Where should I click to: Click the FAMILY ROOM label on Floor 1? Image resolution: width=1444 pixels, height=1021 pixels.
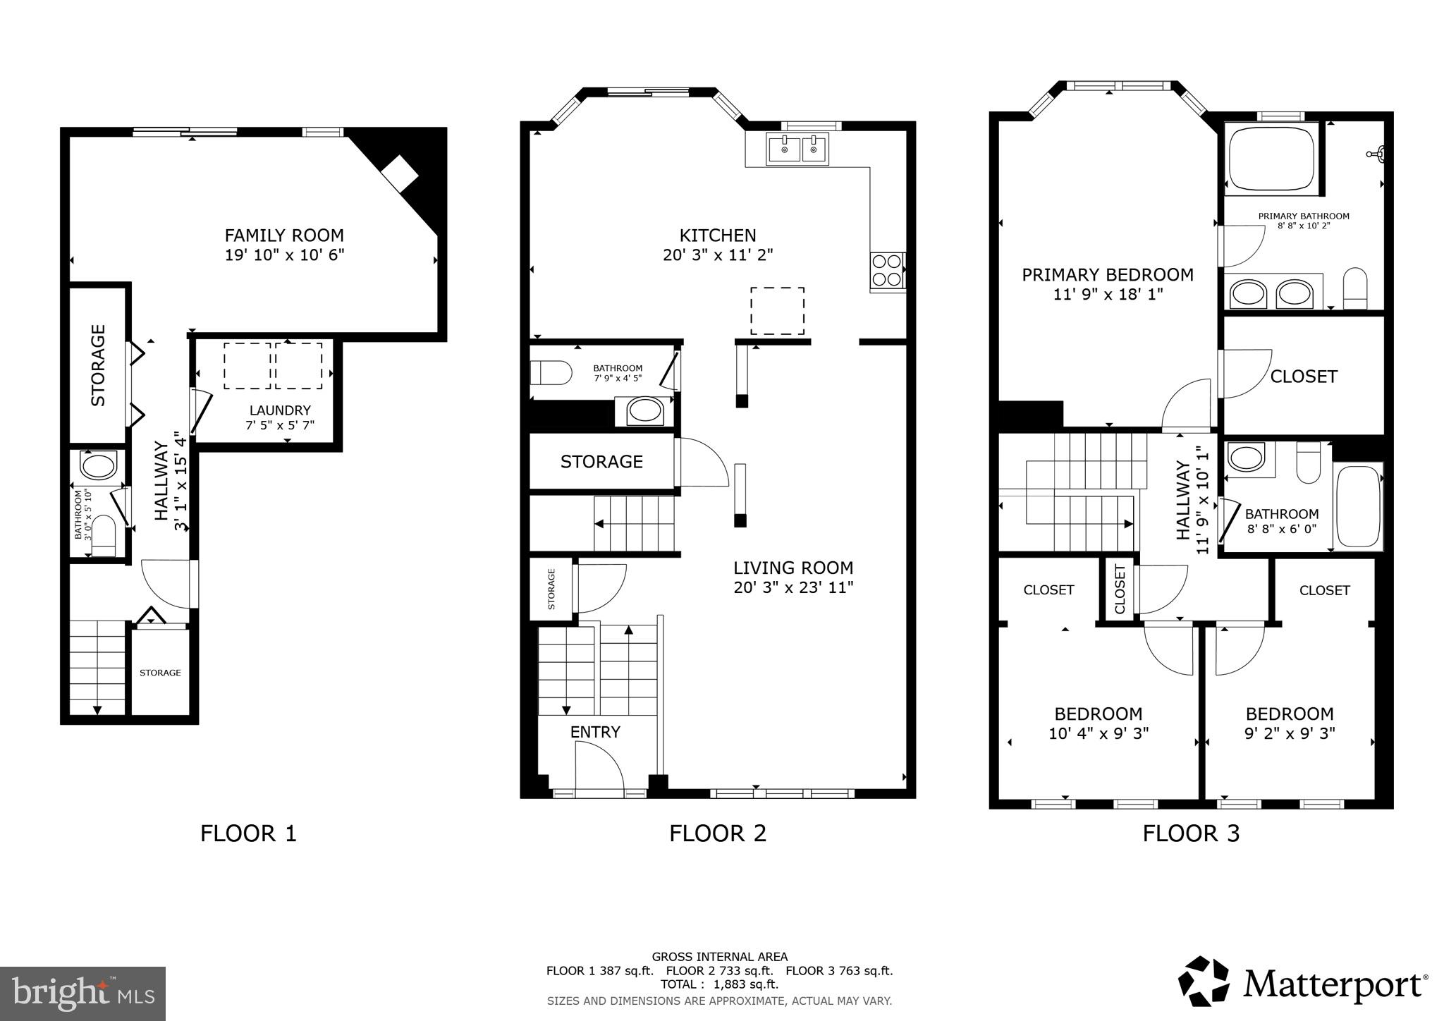click(x=284, y=236)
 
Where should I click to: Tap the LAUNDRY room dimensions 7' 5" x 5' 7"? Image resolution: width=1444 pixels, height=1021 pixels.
click(x=280, y=426)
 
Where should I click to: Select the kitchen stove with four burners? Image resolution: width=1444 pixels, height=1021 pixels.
click(x=888, y=270)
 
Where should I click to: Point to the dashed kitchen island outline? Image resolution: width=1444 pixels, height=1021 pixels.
click(x=777, y=311)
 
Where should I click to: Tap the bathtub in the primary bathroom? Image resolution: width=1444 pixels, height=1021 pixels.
click(x=1271, y=159)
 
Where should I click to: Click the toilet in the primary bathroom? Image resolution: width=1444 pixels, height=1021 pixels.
click(x=1354, y=288)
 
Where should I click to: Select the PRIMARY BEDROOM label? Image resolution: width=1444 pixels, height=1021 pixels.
click(x=1108, y=275)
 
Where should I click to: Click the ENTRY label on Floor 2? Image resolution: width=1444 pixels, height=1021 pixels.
click(x=595, y=733)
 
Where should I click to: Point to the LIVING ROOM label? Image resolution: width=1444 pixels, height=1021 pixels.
click(x=793, y=568)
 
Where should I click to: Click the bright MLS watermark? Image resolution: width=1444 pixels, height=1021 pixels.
click(x=82, y=994)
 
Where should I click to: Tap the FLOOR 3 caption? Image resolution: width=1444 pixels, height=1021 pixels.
click(x=1191, y=833)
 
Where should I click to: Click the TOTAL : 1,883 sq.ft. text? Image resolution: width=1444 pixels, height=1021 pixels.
click(x=719, y=984)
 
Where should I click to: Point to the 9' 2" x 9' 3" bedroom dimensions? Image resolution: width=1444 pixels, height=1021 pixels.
click(x=1290, y=734)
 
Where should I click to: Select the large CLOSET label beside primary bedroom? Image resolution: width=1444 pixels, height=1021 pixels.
click(x=1304, y=377)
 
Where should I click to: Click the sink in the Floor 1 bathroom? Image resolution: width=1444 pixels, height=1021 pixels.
click(x=99, y=466)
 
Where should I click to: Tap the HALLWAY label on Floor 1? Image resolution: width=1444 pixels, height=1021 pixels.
click(x=161, y=481)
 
